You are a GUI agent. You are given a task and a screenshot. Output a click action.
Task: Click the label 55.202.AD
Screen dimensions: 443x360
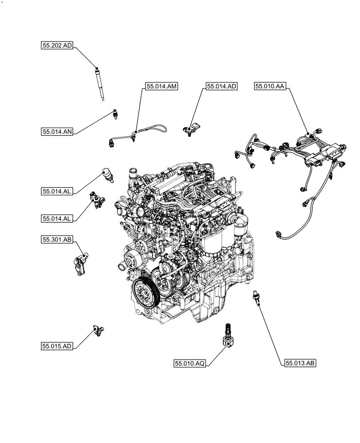click(57, 45)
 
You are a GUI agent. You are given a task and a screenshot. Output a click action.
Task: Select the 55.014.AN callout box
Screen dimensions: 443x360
click(58, 131)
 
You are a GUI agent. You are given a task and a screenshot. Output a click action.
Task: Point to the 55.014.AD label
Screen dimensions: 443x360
click(221, 87)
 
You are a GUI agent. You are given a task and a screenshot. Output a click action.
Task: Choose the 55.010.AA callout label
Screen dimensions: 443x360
click(270, 87)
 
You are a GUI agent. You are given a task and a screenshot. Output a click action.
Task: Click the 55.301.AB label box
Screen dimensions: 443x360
click(57, 240)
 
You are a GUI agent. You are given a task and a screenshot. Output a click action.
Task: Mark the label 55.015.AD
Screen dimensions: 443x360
click(57, 346)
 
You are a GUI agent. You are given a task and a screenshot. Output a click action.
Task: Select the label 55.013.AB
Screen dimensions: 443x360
click(299, 363)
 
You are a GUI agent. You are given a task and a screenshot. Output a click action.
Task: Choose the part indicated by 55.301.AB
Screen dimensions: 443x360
click(79, 264)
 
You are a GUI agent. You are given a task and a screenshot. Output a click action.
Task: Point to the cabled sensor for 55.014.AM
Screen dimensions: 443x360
click(133, 133)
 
